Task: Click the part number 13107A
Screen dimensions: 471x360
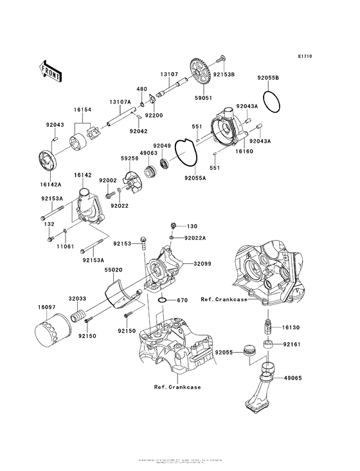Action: (x=120, y=102)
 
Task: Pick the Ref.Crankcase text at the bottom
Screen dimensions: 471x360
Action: (x=177, y=387)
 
